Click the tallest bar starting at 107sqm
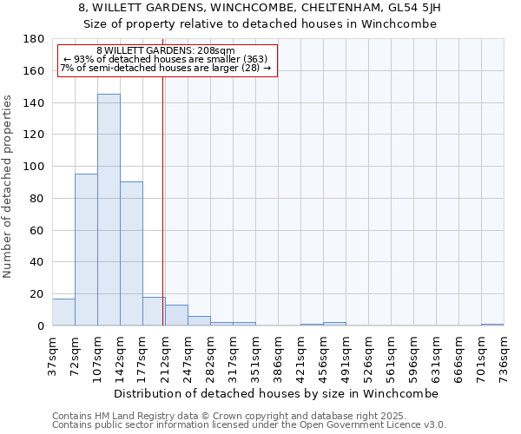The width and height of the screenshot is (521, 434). [x=109, y=210]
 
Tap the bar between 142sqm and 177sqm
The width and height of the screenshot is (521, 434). [x=131, y=253]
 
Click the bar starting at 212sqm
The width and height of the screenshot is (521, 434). [x=176, y=315]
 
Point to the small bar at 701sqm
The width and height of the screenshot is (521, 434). [x=492, y=325]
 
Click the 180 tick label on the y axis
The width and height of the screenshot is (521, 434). [x=34, y=39]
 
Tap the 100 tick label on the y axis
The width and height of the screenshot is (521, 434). [x=34, y=167]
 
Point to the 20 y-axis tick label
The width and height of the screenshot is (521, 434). [x=37, y=294]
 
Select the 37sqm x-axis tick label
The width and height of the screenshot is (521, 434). [x=52, y=353]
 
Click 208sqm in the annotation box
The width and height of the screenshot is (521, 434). [x=213, y=51]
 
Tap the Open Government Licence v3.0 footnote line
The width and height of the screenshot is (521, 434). [x=249, y=424]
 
